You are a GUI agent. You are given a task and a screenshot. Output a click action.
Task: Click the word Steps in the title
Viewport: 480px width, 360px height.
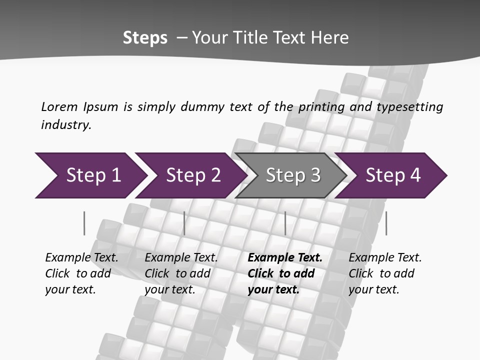click(145, 38)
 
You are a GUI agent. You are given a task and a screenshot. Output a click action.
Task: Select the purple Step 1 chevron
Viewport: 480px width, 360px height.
click(90, 175)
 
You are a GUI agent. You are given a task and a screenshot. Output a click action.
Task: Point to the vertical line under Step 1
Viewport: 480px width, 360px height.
click(84, 223)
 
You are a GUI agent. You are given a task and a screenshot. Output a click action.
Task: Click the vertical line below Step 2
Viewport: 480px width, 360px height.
click(184, 223)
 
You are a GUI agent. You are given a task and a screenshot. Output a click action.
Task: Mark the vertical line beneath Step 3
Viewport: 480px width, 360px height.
click(285, 223)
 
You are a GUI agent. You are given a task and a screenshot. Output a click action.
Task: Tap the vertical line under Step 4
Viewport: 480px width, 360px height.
click(386, 223)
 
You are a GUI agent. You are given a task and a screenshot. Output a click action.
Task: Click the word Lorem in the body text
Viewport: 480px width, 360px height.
click(59, 107)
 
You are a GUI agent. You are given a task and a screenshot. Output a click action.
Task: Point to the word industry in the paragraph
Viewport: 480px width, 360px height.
click(66, 125)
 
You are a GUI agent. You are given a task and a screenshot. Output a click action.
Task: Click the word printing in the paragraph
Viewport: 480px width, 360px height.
click(321, 107)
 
